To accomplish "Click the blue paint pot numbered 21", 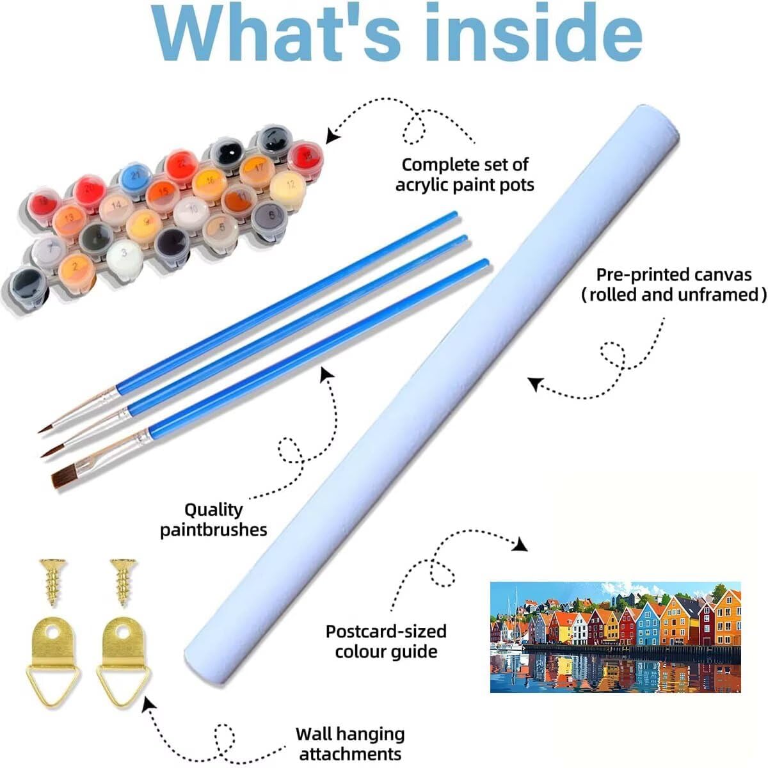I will [x=135, y=174].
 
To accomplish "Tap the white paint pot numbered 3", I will [x=124, y=254].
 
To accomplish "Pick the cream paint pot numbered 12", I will [x=287, y=184].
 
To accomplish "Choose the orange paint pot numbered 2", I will [x=75, y=264].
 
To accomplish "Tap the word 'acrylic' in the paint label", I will [x=425, y=185].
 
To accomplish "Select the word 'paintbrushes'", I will [x=213, y=530].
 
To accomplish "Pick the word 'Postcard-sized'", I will [x=386, y=631].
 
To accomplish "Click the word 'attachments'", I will [x=350, y=753].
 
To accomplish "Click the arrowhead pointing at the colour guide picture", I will [x=521, y=545].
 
